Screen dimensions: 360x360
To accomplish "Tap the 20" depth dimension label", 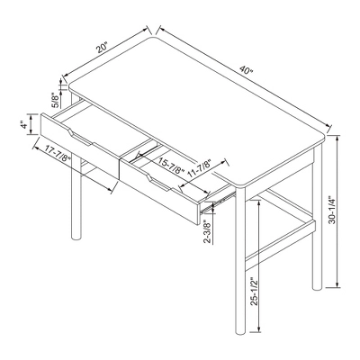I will point(102,43).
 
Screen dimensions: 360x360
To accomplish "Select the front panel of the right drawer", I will point(162,193).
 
